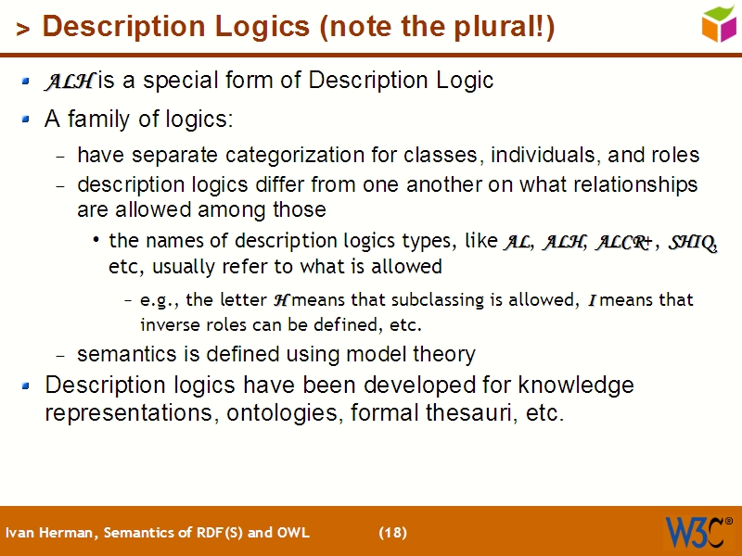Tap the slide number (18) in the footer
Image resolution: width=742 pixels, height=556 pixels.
point(392,533)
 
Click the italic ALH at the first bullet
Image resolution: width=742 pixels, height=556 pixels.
point(69,82)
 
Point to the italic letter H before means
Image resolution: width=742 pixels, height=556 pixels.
point(283,300)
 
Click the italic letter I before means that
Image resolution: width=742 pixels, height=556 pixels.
point(592,300)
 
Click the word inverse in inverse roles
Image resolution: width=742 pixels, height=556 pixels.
point(168,324)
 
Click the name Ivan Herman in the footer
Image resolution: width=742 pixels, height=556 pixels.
point(50,533)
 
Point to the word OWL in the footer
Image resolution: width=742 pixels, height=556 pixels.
point(292,533)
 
